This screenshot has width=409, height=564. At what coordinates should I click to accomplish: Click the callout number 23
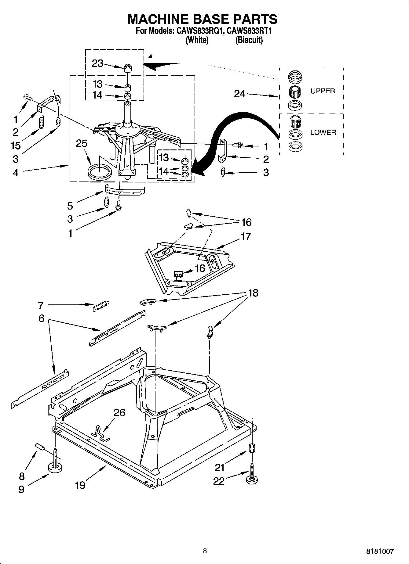click(x=97, y=64)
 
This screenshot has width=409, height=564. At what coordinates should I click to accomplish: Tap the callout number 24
click(x=239, y=94)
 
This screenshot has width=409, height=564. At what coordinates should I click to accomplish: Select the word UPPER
click(x=323, y=91)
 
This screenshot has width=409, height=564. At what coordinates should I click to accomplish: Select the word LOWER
click(x=323, y=132)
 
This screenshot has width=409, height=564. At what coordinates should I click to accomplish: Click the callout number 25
click(x=82, y=143)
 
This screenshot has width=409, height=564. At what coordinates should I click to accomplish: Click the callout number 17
click(x=246, y=236)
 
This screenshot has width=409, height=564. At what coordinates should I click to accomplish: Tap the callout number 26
click(x=119, y=412)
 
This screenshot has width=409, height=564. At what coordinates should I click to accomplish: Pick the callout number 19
click(x=80, y=485)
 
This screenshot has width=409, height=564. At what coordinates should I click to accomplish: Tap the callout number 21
click(x=220, y=467)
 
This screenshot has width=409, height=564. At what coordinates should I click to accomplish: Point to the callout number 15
click(x=15, y=145)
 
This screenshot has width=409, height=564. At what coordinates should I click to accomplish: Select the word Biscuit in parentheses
click(x=249, y=40)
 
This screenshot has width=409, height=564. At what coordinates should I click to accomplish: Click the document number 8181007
click(x=380, y=551)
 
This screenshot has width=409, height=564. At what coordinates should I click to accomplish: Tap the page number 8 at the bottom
click(x=205, y=551)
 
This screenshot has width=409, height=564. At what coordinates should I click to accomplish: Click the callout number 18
click(x=253, y=293)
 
